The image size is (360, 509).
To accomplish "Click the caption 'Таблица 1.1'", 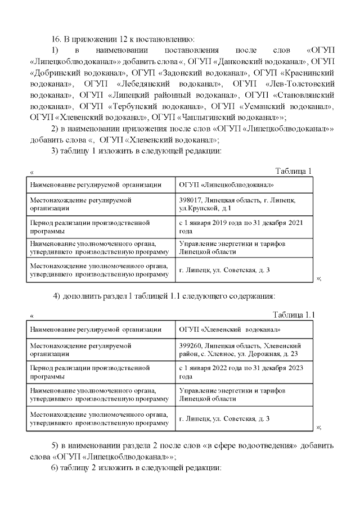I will tap(293, 314).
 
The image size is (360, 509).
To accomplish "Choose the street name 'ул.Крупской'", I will tap(198, 209).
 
